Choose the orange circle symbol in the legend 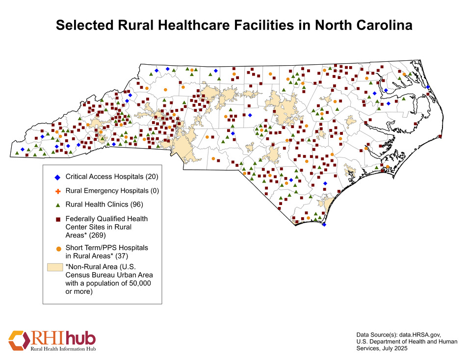[57, 249]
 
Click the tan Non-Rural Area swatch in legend [55, 267]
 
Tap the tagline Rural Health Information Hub [63, 349]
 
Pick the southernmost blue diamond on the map [324, 224]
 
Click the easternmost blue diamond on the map [428, 87]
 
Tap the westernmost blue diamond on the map [23, 149]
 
